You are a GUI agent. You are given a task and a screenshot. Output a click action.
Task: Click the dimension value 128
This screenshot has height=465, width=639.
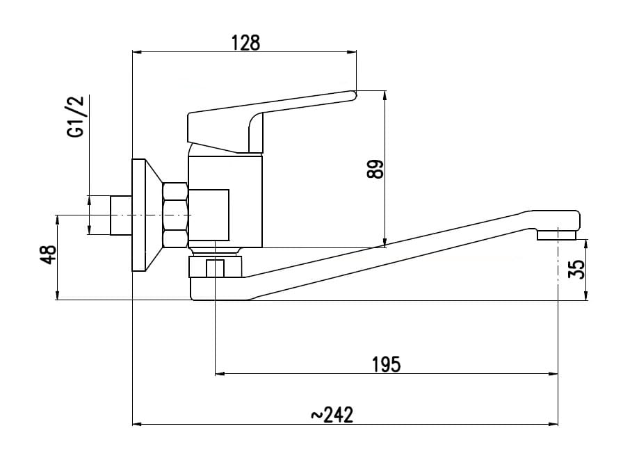pos(245,43)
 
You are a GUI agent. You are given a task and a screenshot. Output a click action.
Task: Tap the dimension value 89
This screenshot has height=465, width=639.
pos(375,169)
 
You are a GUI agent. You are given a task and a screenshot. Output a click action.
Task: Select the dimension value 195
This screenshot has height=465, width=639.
pos(387,364)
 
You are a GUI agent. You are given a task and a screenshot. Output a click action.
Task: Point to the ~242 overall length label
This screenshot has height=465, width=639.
pos(332,415)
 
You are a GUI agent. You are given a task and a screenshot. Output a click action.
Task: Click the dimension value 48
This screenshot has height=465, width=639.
pos(50,255)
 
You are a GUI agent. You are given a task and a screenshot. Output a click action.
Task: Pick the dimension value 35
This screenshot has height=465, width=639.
pos(576,269)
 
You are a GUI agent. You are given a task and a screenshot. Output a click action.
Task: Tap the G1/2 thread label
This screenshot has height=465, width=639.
pos(77,117)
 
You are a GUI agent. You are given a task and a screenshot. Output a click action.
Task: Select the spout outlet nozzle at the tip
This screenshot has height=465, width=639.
pos(556,235)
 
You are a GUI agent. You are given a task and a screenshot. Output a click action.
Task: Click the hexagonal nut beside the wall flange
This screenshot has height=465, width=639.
pos(175,215)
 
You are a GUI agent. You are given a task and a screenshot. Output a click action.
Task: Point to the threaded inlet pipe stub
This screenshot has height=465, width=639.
pos(121,215)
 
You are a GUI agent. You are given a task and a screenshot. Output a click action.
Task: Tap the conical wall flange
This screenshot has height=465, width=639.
pos(146,215)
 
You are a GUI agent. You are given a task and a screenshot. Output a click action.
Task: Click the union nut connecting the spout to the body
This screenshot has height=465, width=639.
pos(215,266)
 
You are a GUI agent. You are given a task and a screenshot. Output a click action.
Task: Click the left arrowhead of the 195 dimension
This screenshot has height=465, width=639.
pos(220,374)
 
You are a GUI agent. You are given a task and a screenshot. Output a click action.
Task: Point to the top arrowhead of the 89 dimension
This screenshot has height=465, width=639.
pos(385,96)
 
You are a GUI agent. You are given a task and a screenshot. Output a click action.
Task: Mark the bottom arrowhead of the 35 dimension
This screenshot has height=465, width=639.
pos(586,295)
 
